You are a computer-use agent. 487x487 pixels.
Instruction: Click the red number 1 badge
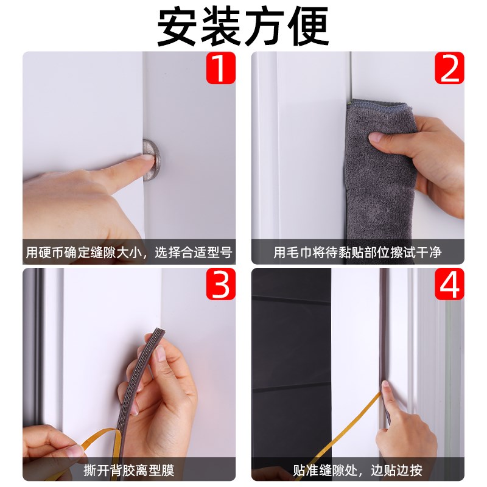(x=220, y=68)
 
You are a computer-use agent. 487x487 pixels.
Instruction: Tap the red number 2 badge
(x=449, y=68)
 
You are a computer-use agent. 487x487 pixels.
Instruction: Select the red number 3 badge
(x=220, y=284)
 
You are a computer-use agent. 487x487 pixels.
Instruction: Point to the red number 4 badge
(x=449, y=284)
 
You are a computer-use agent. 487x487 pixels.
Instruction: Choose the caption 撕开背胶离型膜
(x=129, y=470)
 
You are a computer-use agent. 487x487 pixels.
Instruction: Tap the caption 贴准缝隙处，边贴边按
(x=358, y=470)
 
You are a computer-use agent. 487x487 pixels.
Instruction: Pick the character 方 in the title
(x=265, y=26)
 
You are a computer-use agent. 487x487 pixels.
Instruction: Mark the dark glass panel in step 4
(x=291, y=365)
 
